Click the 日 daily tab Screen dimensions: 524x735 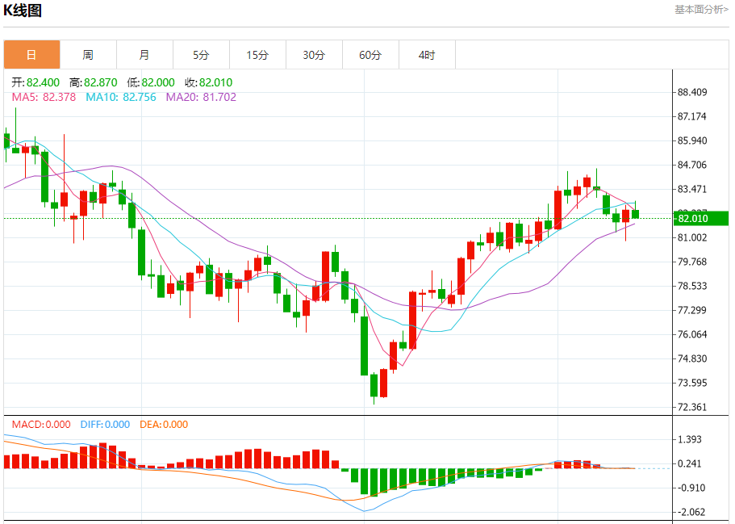click(x=31, y=55)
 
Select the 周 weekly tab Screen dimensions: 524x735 click(x=88, y=55)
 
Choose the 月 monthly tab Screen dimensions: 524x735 click(x=144, y=55)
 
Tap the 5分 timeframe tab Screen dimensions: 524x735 click(x=201, y=55)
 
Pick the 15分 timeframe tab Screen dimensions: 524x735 click(x=257, y=55)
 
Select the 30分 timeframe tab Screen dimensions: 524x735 click(x=314, y=55)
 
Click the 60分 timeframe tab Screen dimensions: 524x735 click(x=370, y=55)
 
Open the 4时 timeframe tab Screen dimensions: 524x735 click(x=427, y=55)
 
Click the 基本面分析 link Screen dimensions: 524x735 click(x=700, y=9)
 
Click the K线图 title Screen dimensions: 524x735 click(x=23, y=10)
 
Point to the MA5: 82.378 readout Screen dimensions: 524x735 click(x=44, y=97)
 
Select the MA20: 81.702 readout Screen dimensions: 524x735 click(x=201, y=97)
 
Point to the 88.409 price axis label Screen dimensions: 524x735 click(x=692, y=92)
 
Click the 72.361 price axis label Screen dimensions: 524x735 click(x=692, y=407)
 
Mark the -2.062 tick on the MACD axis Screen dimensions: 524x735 click(x=692, y=512)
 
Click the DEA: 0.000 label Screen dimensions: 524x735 click(x=164, y=425)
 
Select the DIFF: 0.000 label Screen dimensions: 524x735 click(x=105, y=425)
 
